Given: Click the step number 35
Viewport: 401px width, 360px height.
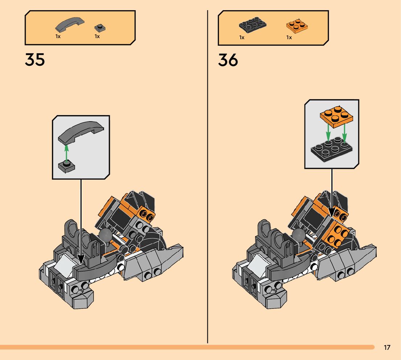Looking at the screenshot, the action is pyautogui.click(x=35, y=60).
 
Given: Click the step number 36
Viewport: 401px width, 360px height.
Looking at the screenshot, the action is pyautogui.click(x=228, y=60).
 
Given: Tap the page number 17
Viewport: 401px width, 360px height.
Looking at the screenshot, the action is pyautogui.click(x=387, y=348).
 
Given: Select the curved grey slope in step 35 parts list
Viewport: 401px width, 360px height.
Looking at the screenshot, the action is pyautogui.click(x=70, y=24).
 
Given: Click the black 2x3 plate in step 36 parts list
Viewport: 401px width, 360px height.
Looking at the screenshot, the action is pyautogui.click(x=253, y=25).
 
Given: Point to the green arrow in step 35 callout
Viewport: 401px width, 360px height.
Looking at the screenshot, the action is pyautogui.click(x=66, y=152).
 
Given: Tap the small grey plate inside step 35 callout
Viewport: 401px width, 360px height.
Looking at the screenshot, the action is pyautogui.click(x=66, y=167).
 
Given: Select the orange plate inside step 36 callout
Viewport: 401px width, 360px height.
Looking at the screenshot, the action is pyautogui.click(x=336, y=115).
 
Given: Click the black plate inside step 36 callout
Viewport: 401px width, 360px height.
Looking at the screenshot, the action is pyautogui.click(x=332, y=149).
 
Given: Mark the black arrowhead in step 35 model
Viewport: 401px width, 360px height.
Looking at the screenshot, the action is pyautogui.click(x=81, y=258).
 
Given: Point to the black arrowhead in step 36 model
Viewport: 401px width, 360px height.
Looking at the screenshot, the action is pyautogui.click(x=332, y=212).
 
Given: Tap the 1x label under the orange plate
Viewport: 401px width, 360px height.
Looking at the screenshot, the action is pyautogui.click(x=289, y=37).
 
